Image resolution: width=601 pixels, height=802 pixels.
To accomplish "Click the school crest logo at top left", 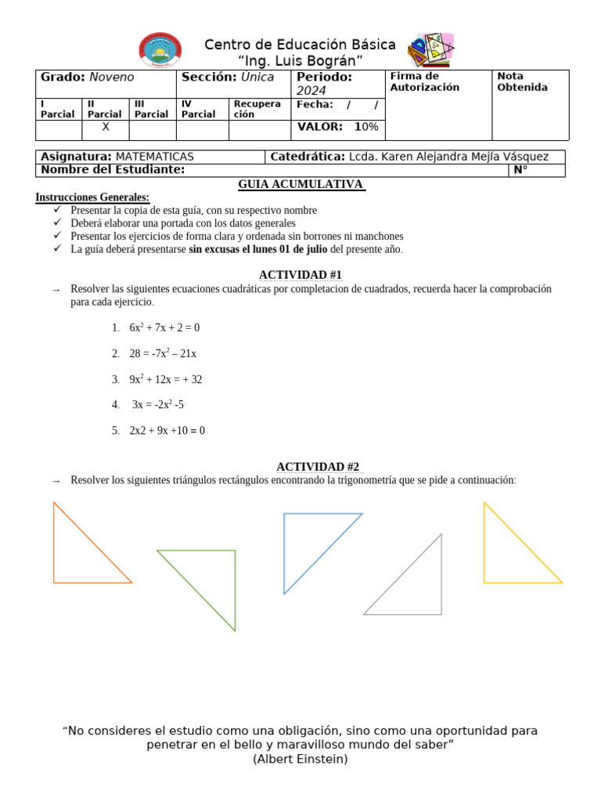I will pyautogui.click(x=160, y=50).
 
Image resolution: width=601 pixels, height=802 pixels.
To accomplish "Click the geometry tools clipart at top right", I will pyautogui.click(x=431, y=51).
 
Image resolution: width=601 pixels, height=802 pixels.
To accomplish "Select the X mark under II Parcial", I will pyautogui.click(x=106, y=126).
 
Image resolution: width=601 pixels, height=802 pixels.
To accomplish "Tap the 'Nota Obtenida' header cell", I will pyautogui.click(x=522, y=81).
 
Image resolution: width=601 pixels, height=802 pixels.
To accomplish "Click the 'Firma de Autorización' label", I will pyautogui.click(x=424, y=81).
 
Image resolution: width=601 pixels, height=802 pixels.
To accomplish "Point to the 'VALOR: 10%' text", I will pyautogui.click(x=337, y=126).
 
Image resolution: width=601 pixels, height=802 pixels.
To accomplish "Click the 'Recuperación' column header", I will pyautogui.click(x=257, y=109).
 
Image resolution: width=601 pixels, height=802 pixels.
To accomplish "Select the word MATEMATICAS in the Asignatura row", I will pyautogui.click(x=154, y=157).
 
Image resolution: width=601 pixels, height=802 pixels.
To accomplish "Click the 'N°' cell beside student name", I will pyautogui.click(x=520, y=170).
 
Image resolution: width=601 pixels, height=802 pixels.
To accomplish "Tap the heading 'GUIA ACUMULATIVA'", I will pyautogui.click(x=301, y=184).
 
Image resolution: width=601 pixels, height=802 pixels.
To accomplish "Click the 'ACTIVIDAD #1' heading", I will pyautogui.click(x=300, y=274).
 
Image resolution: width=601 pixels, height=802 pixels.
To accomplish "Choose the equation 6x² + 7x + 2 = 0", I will pyautogui.click(x=164, y=327).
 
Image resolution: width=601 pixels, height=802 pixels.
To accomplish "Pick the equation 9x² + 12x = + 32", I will pyautogui.click(x=166, y=379).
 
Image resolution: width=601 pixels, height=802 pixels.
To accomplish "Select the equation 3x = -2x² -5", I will pyautogui.click(x=158, y=405).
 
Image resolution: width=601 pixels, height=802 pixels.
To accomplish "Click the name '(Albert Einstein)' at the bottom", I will pyautogui.click(x=300, y=759).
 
